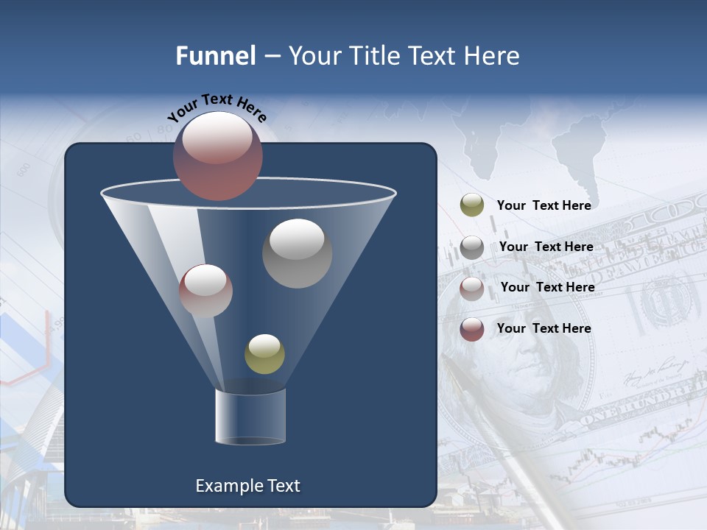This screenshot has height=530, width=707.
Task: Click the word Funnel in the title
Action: (215, 56)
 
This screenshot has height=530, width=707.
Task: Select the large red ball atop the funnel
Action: (218, 155)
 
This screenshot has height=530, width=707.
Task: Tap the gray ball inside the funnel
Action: (297, 253)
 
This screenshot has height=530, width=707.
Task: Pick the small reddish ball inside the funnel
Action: (205, 291)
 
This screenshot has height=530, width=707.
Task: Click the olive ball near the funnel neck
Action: (264, 354)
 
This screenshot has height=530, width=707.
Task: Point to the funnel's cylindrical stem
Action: (250, 417)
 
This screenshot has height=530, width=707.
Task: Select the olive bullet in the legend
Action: (472, 205)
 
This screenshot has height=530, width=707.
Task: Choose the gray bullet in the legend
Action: (472, 247)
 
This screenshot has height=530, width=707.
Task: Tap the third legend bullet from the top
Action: (472, 288)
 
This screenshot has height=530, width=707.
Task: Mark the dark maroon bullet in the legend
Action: (472, 328)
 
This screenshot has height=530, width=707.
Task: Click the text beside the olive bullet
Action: (544, 205)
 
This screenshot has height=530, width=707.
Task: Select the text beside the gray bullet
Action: (546, 247)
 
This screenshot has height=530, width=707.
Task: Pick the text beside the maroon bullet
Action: (544, 328)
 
